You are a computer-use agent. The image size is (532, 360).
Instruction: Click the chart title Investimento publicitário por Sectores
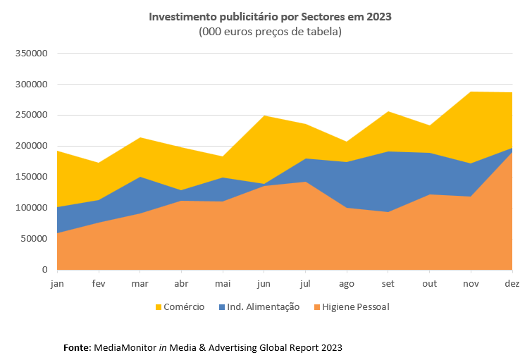point(269,16)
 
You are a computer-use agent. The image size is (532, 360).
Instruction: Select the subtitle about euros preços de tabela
point(270,32)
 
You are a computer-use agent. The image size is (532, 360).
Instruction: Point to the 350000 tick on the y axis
point(31,54)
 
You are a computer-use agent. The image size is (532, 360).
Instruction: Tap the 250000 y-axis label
point(31,116)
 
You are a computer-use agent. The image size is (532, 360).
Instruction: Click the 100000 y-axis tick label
point(31,208)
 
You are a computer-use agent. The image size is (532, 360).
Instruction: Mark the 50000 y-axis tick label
point(33,239)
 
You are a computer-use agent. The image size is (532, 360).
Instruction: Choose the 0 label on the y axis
point(44,270)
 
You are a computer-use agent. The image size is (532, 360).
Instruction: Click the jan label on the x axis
point(57,283)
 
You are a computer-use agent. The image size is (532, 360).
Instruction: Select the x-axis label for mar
point(140,283)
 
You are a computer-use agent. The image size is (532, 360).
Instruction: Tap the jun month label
point(264,283)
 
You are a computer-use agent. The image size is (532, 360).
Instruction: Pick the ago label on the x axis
point(347,283)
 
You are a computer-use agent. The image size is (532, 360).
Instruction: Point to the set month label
point(388,283)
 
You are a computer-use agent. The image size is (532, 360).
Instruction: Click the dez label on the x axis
point(512,283)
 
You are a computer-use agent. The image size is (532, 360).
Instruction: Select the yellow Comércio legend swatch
point(159,307)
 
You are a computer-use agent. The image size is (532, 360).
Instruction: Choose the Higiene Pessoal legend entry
point(356,307)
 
